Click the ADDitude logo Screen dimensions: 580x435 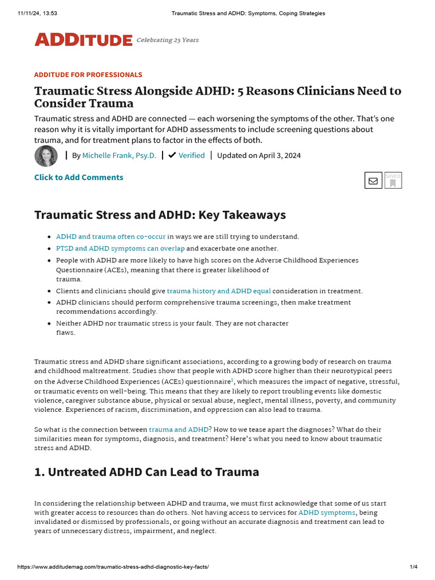coord(83,40)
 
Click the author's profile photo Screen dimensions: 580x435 coord(46,156)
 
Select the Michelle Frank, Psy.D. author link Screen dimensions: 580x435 coord(119,155)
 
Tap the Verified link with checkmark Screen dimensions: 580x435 coord(187,155)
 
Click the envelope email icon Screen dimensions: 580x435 coord(373,181)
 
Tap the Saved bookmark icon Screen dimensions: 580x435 coord(393,181)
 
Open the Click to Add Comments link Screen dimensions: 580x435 coord(79,177)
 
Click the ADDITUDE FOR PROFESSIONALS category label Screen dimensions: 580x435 coord(88,75)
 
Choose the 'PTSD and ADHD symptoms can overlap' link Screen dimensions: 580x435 coord(120,248)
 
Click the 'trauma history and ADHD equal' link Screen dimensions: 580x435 coord(219,291)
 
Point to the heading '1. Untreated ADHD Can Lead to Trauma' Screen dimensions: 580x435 coord(147,472)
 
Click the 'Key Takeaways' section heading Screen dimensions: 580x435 coord(160,215)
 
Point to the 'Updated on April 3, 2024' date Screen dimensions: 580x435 coord(259,155)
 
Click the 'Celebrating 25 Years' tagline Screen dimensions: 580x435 coord(168,40)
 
